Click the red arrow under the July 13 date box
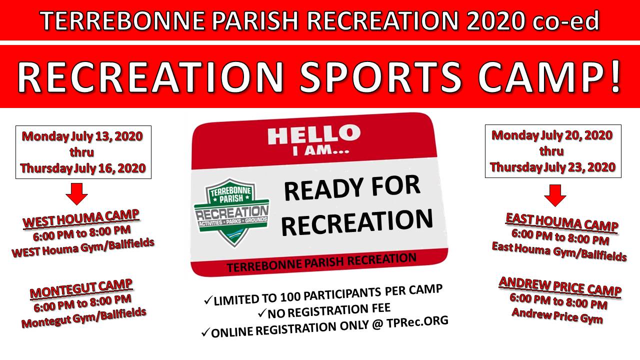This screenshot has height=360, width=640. tap(76, 194)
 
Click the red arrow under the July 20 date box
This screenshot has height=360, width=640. tap(555, 195)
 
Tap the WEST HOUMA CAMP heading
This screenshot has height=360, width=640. tap(81, 218)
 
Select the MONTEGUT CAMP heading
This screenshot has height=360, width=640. tap(81, 289)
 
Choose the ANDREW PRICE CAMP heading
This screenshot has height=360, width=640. tap(560, 287)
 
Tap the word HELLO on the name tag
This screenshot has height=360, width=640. tap(314, 136)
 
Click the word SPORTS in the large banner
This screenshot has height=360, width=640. tap(380, 77)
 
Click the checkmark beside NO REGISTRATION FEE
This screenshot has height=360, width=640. tap(261, 313)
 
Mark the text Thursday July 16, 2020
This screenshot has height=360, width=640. tap(83, 168)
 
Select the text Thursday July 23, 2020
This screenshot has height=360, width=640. tap(553, 167)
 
